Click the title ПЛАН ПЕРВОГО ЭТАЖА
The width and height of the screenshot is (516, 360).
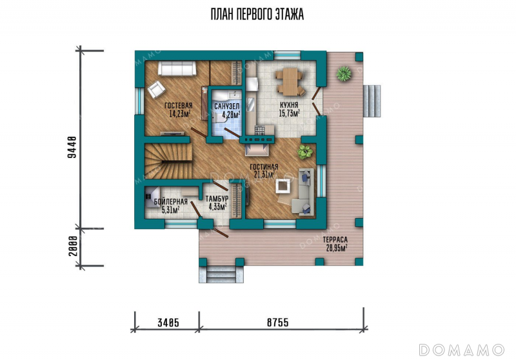(x=257, y=14)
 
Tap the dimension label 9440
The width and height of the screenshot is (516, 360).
(x=72, y=147)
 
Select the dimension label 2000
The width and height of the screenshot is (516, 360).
(x=73, y=246)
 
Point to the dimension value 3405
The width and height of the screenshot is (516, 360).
(x=168, y=323)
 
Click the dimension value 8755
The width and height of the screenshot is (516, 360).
(x=278, y=323)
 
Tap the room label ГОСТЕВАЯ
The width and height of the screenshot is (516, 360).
(x=179, y=106)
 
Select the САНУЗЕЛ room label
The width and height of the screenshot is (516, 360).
(x=227, y=106)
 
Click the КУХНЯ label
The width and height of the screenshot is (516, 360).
(x=289, y=105)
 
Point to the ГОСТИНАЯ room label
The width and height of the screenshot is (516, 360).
(x=264, y=167)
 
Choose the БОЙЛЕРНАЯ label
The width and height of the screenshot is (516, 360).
(x=170, y=202)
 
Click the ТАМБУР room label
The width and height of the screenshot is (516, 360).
(x=217, y=199)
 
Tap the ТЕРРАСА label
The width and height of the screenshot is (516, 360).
(x=335, y=240)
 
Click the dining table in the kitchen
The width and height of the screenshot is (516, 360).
(x=289, y=81)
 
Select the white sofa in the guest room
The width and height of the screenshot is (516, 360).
(x=177, y=68)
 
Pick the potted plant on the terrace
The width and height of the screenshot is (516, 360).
(x=344, y=74)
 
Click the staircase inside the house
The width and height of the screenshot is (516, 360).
(x=168, y=161)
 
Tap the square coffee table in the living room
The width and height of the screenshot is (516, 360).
(x=283, y=186)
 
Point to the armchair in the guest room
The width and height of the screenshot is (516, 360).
(x=156, y=89)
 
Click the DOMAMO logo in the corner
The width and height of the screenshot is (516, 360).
(x=462, y=350)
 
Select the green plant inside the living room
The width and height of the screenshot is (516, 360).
(x=304, y=152)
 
